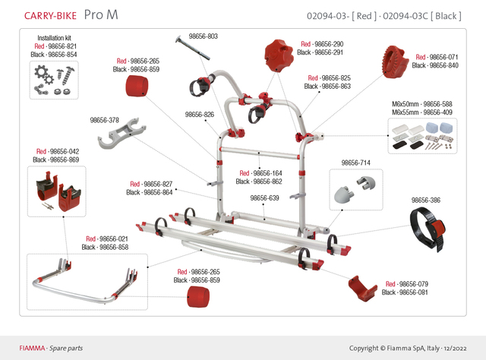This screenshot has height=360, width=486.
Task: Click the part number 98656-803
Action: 202,36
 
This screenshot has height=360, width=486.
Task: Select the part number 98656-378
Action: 104,119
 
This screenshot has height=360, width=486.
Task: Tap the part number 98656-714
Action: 355,163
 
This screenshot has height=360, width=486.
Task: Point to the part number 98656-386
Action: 426,201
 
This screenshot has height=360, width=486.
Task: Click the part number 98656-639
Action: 265,197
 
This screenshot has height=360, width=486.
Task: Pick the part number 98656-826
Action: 199,115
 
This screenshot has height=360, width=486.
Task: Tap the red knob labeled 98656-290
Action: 278,55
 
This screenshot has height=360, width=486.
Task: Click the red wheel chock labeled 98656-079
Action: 361,289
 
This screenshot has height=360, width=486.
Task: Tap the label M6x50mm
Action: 405,104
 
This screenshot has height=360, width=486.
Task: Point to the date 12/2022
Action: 461,348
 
